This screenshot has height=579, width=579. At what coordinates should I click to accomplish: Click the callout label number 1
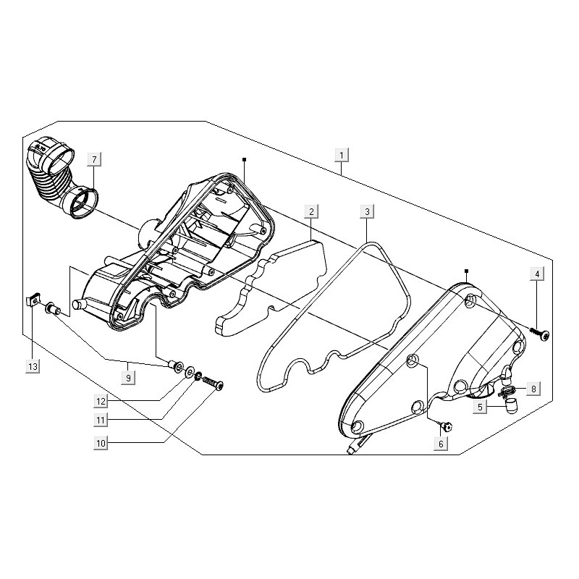(x=342, y=155)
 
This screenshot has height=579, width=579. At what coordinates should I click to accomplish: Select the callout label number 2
(x=311, y=211)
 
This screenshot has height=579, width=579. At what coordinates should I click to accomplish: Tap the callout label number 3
(x=367, y=211)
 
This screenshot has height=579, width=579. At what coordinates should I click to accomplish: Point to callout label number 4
(x=537, y=274)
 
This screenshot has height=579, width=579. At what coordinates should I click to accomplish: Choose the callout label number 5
(x=480, y=407)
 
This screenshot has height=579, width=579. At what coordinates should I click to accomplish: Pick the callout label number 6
(x=441, y=444)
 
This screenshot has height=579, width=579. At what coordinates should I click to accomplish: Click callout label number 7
(x=94, y=159)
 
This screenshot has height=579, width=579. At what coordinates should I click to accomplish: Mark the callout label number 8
(x=533, y=389)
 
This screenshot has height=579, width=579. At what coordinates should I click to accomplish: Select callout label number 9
(x=128, y=378)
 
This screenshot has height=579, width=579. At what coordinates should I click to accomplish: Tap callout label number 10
(x=101, y=443)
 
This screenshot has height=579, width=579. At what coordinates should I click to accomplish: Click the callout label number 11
(x=101, y=420)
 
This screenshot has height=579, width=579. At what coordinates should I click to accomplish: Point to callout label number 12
(x=101, y=401)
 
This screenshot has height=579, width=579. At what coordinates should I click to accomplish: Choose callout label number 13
(x=33, y=367)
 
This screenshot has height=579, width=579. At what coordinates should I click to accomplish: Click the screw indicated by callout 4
(x=539, y=333)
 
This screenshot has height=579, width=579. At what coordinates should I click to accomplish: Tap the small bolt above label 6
(x=445, y=427)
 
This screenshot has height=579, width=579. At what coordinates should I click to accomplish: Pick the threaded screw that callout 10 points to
(x=213, y=383)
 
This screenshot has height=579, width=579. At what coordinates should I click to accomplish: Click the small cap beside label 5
(x=511, y=407)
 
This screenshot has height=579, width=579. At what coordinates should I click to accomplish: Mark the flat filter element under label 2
(x=271, y=288)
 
